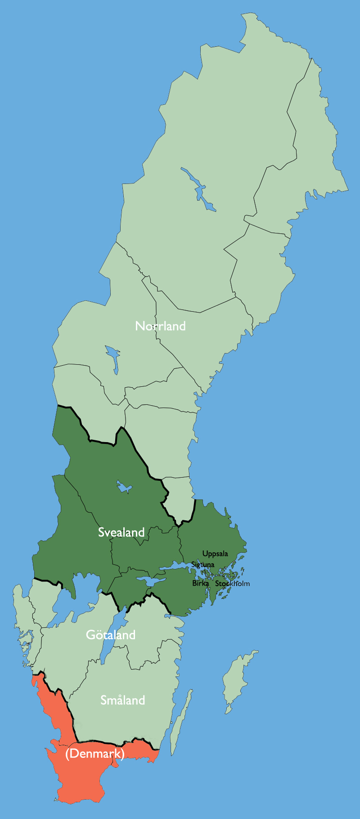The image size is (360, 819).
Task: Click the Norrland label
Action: (160, 326)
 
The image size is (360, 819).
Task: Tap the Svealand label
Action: (121, 533)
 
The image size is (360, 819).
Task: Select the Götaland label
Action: (111, 635)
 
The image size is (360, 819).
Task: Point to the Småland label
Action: (122, 700)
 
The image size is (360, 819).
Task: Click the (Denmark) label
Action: (94, 753)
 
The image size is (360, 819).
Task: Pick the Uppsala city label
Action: (215, 554)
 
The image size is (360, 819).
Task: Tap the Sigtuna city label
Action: (202, 564)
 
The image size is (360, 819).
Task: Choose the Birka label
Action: (200, 583)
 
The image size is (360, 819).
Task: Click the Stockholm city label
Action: (232, 584)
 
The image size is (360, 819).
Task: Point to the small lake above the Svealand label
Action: (124, 487)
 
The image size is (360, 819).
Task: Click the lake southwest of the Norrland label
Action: (112, 358)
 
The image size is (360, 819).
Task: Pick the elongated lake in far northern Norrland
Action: (198, 189)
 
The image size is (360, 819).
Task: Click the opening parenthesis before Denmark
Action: (67, 754)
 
